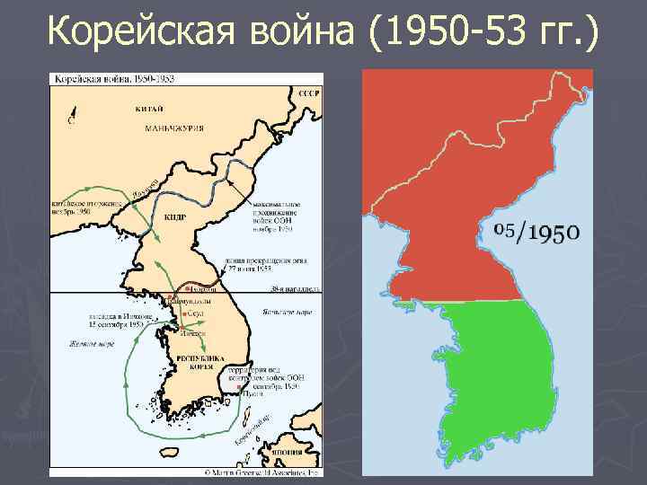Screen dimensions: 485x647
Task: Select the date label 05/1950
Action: [x=537, y=233]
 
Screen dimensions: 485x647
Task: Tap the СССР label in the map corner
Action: [x=309, y=93]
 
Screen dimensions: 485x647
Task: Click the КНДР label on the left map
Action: [x=176, y=216]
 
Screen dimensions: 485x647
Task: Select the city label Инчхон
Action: [x=193, y=333]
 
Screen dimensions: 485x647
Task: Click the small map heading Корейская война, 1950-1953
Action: [x=113, y=79]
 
